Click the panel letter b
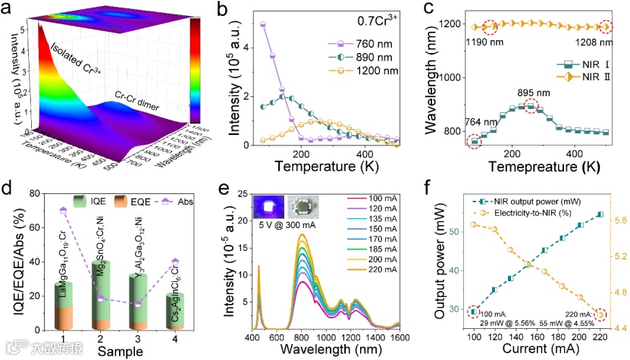tap(224, 11)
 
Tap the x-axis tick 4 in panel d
tap(177, 339)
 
